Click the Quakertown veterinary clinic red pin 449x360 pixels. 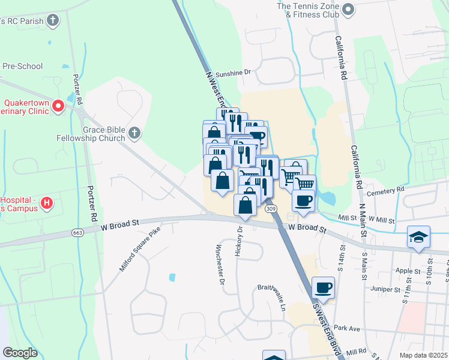(58, 107)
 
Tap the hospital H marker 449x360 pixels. (46, 205)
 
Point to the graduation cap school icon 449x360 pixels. (418, 237)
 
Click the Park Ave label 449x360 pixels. (346, 328)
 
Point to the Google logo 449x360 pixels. (20, 353)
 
